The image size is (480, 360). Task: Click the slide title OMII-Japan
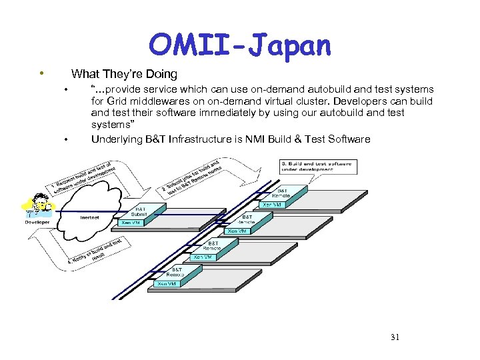239,45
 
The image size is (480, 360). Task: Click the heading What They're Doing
124,74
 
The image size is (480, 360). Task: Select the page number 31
395,337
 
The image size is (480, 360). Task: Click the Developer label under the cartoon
37,222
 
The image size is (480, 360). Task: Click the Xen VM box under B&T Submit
131,223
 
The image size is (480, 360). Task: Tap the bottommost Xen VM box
166,283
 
